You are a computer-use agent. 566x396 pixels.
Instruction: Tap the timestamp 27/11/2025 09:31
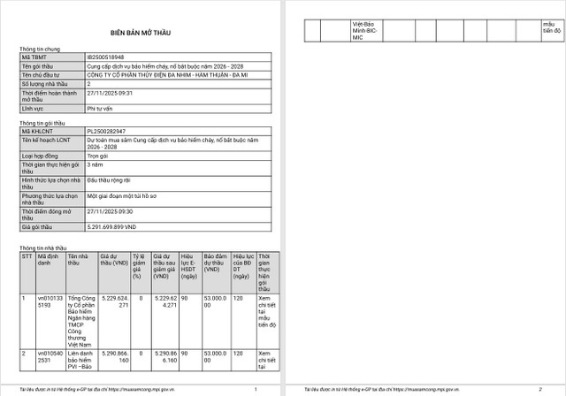pyautogui.click(x=110, y=92)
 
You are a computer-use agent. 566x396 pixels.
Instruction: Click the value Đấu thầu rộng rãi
pyautogui.click(x=110, y=179)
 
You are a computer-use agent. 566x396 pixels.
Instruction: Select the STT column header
pyautogui.click(x=27, y=258)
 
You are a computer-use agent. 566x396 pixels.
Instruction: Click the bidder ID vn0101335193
pyautogui.click(x=49, y=302)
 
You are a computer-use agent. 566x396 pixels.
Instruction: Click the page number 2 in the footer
pyautogui.click(x=539, y=390)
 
